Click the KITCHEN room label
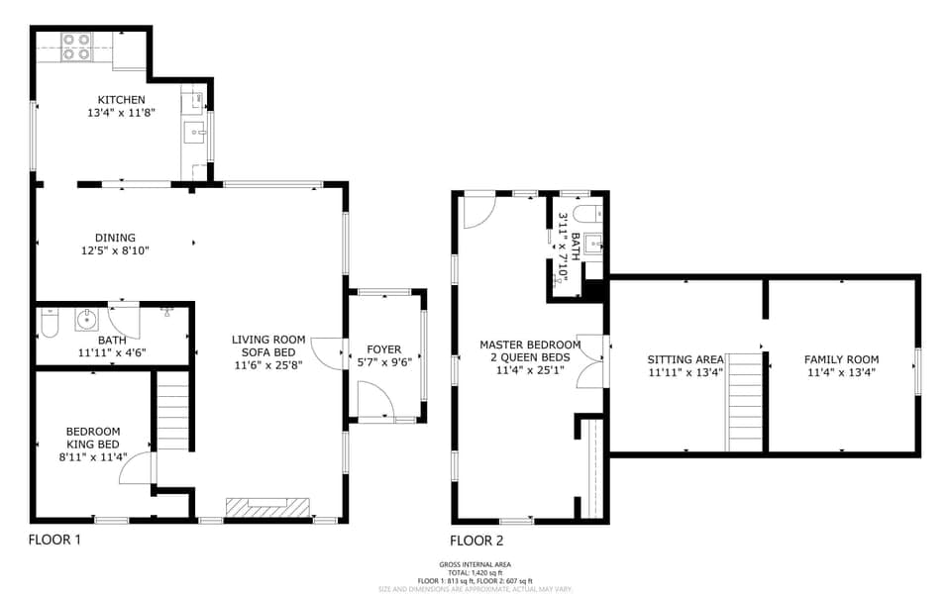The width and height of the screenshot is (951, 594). (x=121, y=100)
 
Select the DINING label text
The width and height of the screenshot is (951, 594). (x=115, y=238)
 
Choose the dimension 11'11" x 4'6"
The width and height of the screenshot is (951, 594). (x=112, y=352)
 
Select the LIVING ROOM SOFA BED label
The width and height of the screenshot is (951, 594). (x=268, y=351)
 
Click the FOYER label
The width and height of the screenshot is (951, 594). (x=384, y=349)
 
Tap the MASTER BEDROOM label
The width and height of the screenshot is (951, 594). (x=529, y=345)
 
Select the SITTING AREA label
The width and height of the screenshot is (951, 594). (x=686, y=360)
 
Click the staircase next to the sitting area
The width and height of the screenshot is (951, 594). (x=746, y=402)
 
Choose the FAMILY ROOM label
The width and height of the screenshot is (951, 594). (x=841, y=359)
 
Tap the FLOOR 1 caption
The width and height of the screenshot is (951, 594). (x=54, y=540)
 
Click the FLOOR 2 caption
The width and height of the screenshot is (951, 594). (x=476, y=541)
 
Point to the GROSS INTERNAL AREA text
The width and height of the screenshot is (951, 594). (x=475, y=564)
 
